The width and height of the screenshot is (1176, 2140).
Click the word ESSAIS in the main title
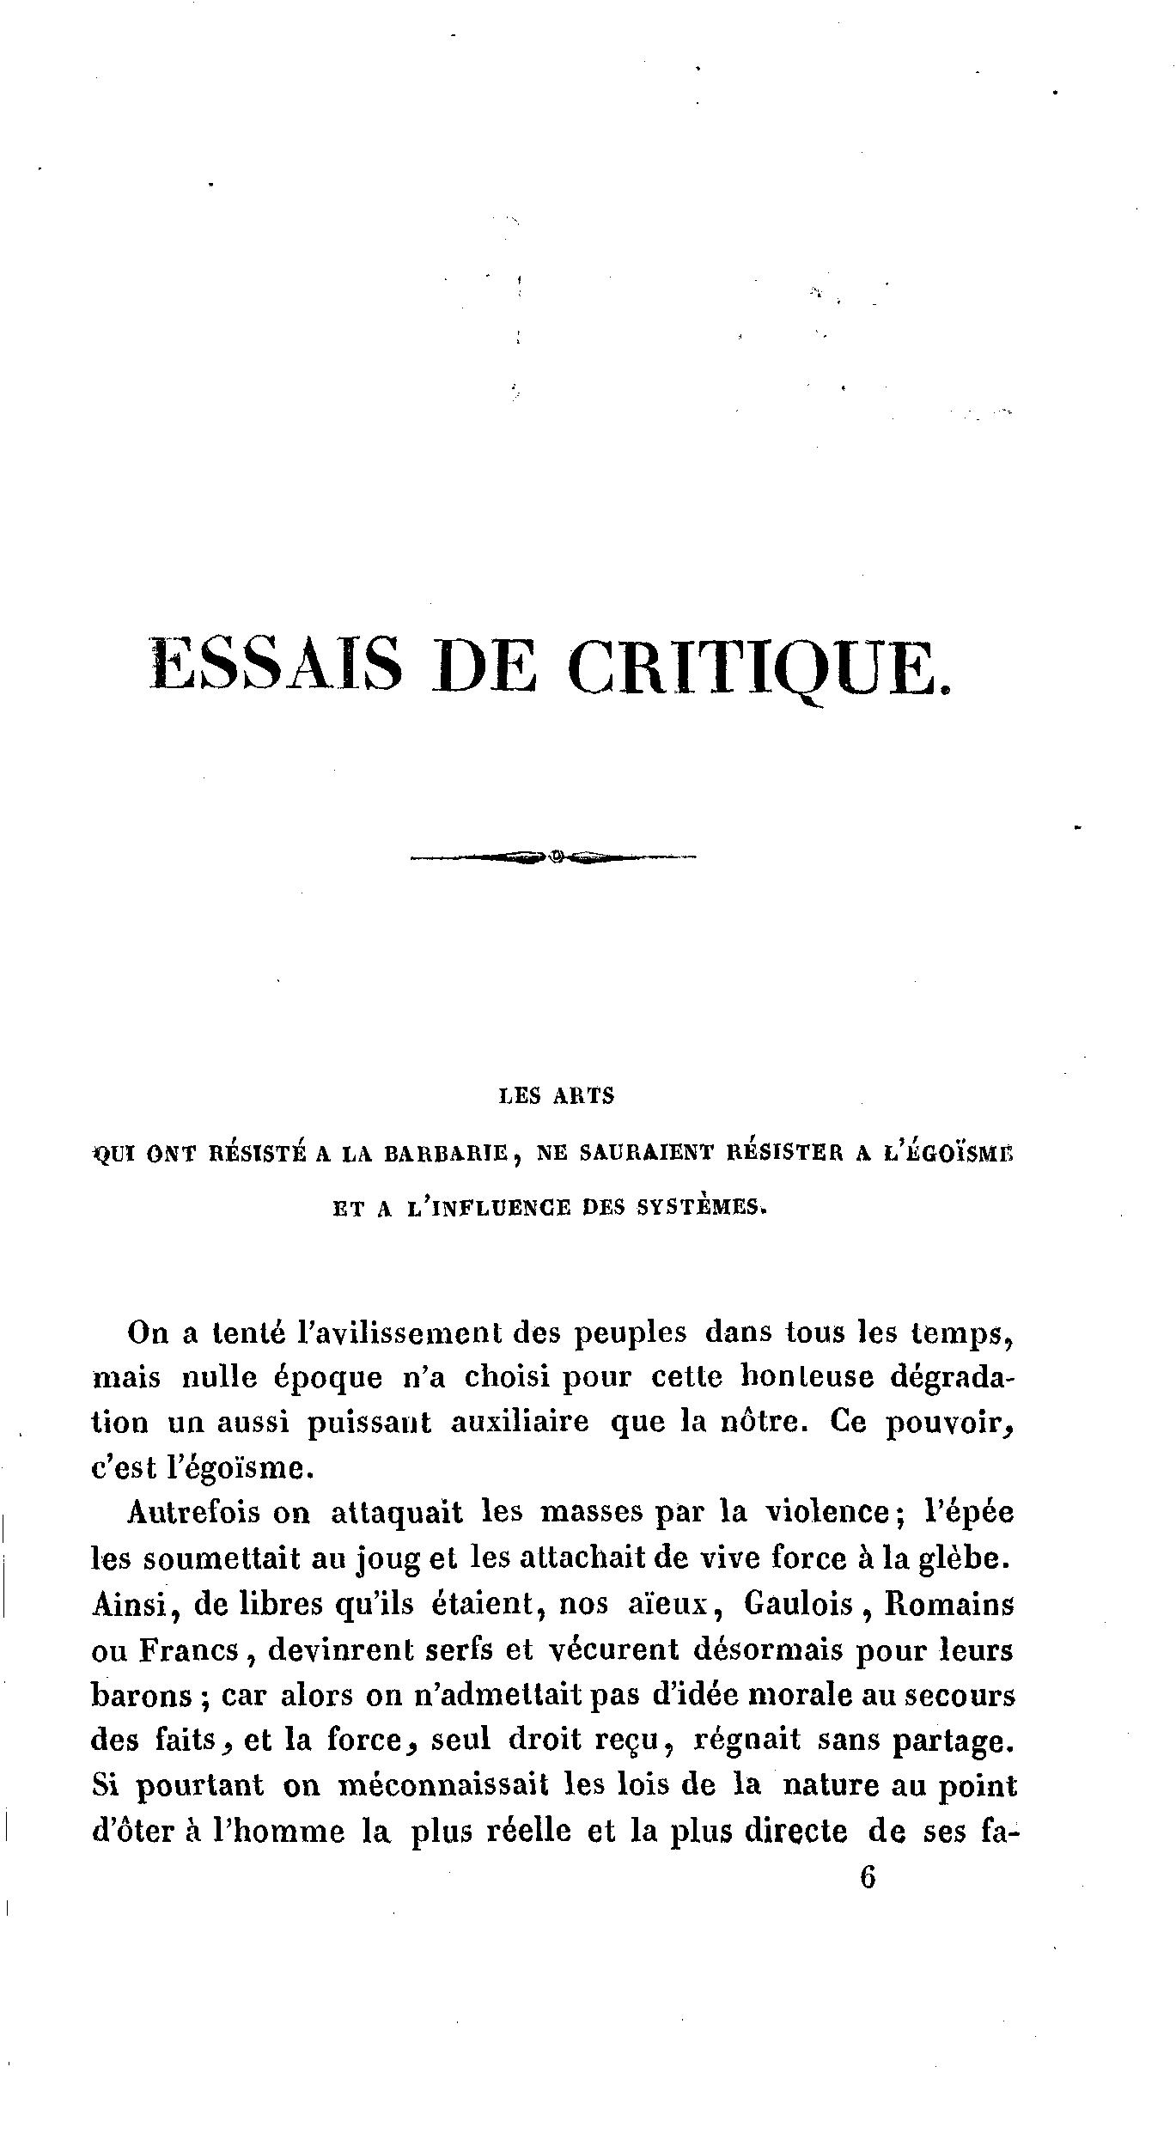pyautogui.click(x=276, y=665)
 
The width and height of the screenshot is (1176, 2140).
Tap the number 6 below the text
pyautogui.click(x=867, y=1877)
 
